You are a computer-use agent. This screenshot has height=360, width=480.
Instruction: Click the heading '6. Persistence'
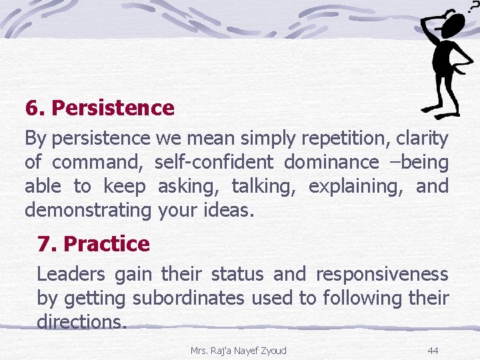coord(99,108)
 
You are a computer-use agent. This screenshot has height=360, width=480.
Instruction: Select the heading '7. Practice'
coord(93,244)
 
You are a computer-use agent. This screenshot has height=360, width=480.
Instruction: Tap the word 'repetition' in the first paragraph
coord(345,139)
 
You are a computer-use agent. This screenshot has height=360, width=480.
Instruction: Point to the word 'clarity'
coord(422,139)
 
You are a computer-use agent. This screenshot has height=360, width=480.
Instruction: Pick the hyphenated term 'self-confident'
coord(214,163)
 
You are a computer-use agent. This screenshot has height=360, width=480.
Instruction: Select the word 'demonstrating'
coord(88,211)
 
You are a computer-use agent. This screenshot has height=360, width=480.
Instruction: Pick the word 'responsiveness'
coord(381,275)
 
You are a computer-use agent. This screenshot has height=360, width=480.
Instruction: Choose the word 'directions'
coord(81,323)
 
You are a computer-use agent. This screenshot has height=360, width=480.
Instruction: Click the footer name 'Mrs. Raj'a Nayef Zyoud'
coord(238,350)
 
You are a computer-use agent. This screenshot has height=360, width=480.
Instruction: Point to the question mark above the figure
coord(474,6)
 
